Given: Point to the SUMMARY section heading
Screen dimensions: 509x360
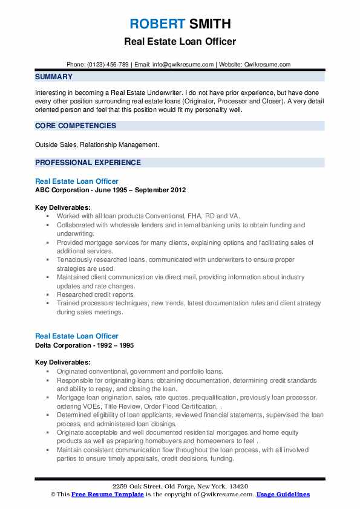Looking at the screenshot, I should (x=54, y=77).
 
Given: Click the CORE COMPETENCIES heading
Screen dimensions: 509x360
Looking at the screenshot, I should (x=76, y=126).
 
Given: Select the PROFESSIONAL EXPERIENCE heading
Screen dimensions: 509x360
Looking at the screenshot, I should (x=88, y=163).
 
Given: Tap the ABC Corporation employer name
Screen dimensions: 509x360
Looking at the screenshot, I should (x=62, y=190).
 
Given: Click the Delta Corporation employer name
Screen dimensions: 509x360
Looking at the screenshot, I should (x=63, y=345).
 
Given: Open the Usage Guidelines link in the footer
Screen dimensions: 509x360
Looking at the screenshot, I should (x=283, y=494).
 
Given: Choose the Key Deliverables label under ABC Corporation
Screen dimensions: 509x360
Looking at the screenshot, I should (x=63, y=207).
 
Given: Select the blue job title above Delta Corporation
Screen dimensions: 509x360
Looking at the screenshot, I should (x=77, y=336).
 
